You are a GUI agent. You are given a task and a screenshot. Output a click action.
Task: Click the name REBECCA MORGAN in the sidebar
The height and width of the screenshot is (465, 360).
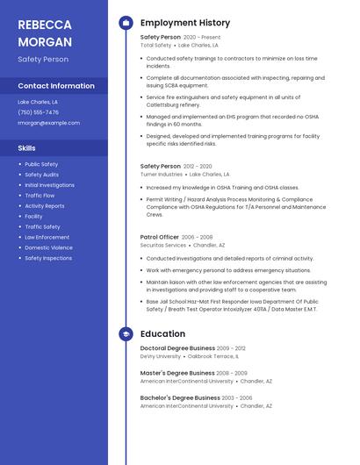[43, 32]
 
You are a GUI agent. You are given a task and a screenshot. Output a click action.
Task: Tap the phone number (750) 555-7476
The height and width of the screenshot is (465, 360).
[39, 112]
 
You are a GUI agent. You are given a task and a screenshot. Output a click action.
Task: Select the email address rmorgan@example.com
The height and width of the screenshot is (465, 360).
[48, 123]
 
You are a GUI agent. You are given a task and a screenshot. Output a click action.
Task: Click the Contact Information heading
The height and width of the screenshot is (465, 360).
[56, 86]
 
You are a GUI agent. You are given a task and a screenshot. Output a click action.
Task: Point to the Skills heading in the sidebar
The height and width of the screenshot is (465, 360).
[27, 148]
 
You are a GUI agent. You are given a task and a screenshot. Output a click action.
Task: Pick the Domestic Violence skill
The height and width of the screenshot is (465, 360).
[48, 247]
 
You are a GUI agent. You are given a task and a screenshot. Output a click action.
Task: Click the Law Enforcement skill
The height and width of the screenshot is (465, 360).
[47, 237]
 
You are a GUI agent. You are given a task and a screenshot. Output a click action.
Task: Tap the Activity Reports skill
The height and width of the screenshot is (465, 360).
[44, 206]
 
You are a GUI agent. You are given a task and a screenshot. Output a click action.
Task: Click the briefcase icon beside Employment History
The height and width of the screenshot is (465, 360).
[126, 23]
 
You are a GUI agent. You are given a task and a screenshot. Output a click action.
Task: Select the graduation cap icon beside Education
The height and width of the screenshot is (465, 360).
[126, 334]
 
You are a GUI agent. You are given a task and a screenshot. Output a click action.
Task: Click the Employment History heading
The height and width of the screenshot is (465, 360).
[185, 23]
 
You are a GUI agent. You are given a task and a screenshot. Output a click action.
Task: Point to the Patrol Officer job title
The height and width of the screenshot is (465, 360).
[159, 237]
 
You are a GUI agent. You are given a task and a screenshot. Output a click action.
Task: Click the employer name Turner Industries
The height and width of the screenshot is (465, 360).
[162, 175]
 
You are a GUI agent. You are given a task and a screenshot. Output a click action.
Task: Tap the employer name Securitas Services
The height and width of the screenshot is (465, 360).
[163, 246]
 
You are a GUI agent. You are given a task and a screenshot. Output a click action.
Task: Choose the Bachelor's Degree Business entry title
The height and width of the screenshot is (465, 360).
[180, 397]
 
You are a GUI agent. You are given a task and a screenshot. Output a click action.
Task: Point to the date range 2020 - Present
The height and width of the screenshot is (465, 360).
[202, 38]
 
